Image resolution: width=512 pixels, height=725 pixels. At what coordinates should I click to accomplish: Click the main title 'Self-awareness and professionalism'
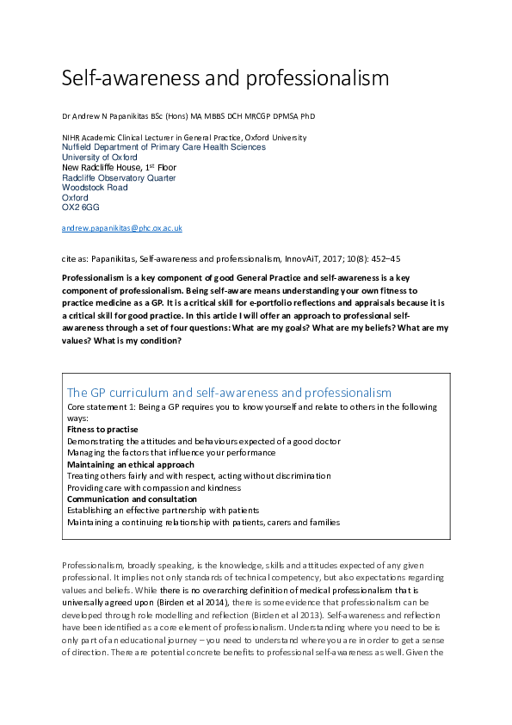[x=225, y=78]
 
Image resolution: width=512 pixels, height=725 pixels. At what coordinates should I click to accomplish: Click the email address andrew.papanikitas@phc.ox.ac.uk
[x=121, y=228]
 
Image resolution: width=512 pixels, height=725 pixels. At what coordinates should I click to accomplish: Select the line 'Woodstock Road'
[x=95, y=188]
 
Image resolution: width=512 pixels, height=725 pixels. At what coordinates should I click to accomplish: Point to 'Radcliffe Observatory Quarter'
[x=119, y=177]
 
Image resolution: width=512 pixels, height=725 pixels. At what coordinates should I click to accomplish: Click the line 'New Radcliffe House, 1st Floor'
[x=119, y=167]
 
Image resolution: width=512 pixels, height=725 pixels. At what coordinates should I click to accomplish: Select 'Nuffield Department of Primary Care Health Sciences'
[x=163, y=147]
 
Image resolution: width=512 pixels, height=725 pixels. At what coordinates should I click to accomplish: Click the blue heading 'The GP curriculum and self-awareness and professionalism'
[x=229, y=393]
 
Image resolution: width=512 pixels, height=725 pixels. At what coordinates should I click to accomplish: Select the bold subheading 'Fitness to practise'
[x=102, y=429]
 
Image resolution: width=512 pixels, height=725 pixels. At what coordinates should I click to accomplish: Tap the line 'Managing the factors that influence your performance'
[x=170, y=452]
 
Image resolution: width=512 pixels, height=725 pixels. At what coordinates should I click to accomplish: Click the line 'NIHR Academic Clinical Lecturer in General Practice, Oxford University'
[x=184, y=137]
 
